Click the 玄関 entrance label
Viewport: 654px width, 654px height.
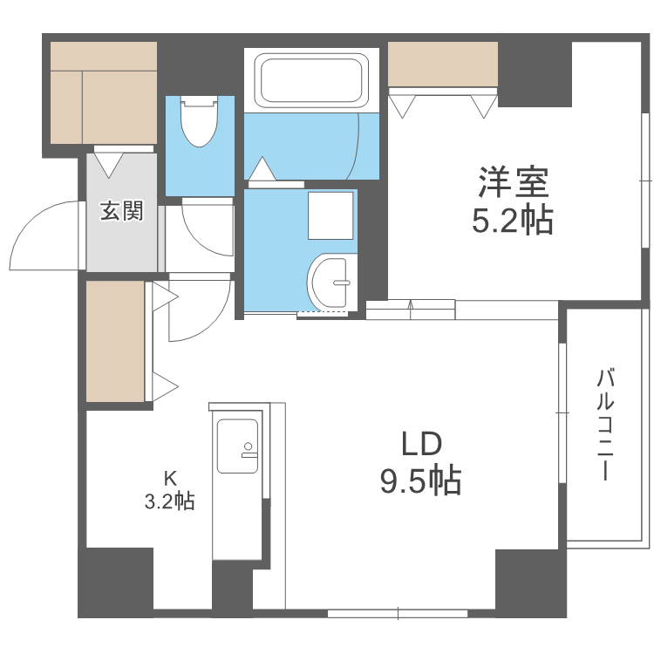(120, 211)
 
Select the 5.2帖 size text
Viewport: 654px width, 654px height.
(512, 221)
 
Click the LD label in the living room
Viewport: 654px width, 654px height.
(420, 445)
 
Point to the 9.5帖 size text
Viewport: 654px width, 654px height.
(420, 480)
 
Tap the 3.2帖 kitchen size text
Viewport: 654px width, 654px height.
(169, 501)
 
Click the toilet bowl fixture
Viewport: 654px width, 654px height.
(199, 123)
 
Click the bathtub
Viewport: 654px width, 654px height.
(311, 81)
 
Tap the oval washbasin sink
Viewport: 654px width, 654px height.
(332, 282)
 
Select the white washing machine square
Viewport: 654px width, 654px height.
(330, 215)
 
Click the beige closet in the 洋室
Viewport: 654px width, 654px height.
(442, 65)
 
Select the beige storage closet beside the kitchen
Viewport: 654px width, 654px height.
(115, 342)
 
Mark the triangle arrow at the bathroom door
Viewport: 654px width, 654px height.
(262, 167)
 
